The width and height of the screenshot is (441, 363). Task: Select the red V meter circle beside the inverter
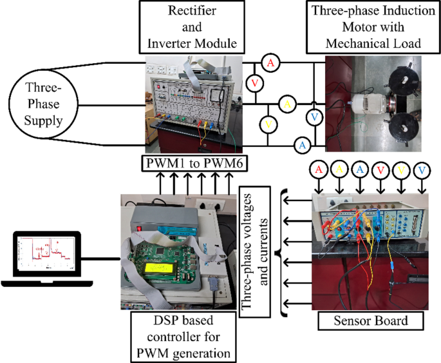[254, 83]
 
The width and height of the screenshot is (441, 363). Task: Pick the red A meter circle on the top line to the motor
[271, 63]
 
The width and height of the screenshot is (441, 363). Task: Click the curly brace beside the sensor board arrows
[281, 248]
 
